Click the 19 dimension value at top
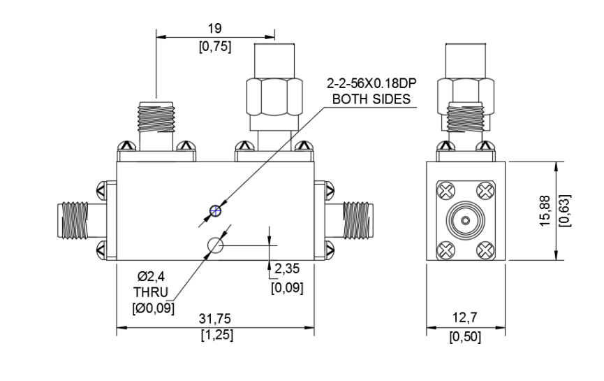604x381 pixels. click(215, 28)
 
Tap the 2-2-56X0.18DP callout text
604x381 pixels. click(371, 83)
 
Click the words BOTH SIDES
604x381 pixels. click(371, 99)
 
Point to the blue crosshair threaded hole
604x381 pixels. click(215, 211)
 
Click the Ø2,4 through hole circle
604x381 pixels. click(215, 245)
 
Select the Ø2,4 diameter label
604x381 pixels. click(152, 276)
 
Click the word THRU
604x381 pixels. click(151, 292)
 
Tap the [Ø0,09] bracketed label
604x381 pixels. click(153, 308)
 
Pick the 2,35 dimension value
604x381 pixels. click(287, 268)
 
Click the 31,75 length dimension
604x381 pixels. click(215, 319)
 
